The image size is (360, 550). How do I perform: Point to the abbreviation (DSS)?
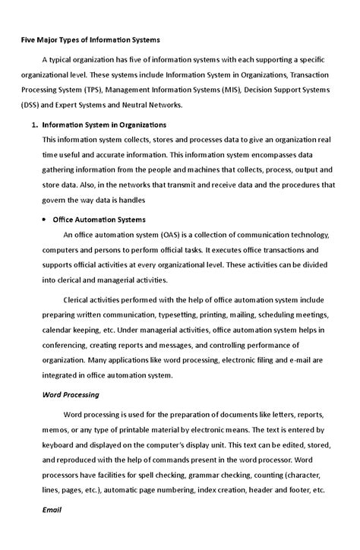click(x=32, y=106)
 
